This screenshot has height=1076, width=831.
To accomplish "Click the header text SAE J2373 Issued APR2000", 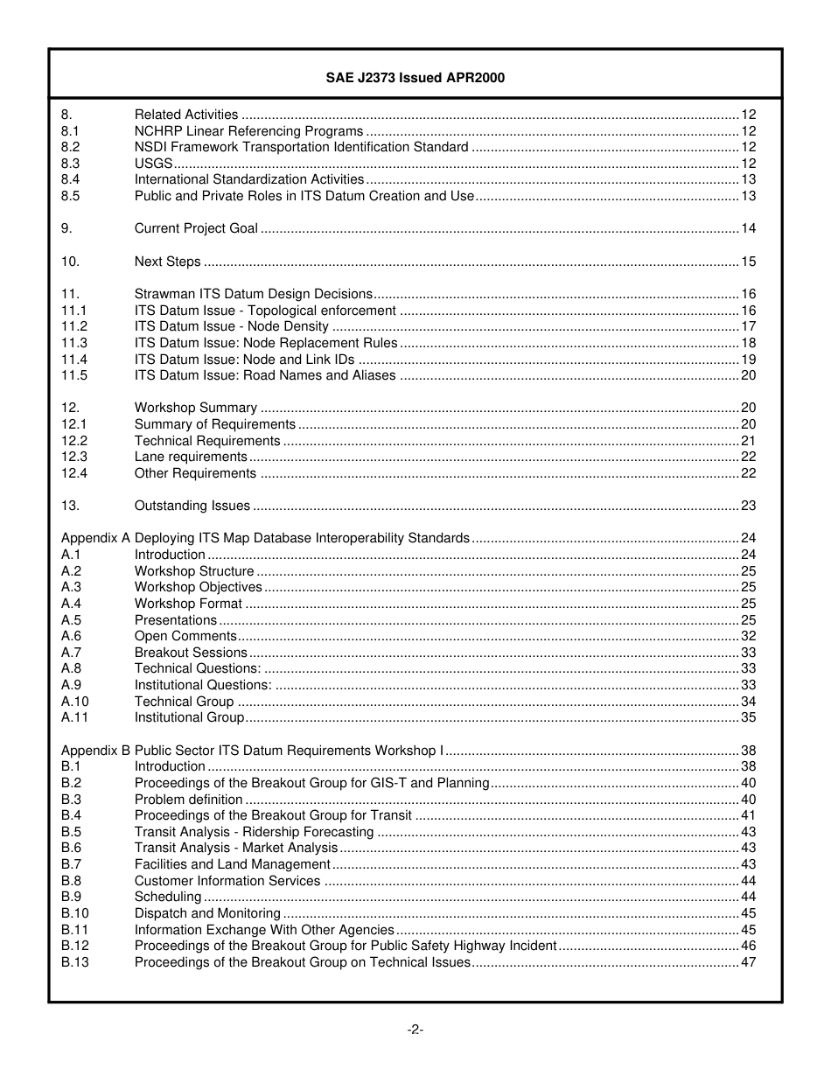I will (415, 78).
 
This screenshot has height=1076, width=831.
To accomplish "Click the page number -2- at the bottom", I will (415, 1030).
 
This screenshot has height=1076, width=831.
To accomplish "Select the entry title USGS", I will (153, 164).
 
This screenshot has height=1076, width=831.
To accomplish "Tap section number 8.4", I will (70, 179).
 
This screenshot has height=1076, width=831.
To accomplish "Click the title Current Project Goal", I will (196, 228).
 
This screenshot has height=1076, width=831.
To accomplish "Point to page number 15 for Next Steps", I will (748, 262).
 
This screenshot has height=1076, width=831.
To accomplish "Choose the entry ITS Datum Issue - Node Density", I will (231, 326).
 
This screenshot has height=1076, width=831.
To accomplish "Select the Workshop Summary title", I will (195, 408).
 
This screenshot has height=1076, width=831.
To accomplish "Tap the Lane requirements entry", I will (191, 457).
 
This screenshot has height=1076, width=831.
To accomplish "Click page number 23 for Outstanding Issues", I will (748, 506).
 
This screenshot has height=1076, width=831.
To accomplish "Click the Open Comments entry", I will (185, 636).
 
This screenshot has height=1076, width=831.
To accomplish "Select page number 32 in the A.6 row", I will (748, 636).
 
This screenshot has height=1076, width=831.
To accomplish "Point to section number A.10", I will (74, 702).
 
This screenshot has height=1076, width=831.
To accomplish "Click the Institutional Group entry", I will (189, 717).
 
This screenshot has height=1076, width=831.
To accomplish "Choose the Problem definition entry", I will (188, 800).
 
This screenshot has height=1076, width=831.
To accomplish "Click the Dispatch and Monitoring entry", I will (207, 913).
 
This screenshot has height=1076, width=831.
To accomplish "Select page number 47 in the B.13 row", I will (748, 962).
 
